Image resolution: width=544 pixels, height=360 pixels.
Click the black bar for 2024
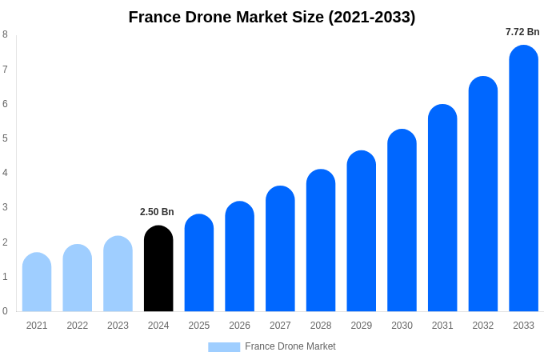pos(158,269)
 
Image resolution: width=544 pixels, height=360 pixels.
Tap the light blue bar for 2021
pos(37,282)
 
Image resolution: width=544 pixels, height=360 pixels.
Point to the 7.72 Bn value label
pos(522,32)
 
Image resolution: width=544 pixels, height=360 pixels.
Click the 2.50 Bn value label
pos(157,212)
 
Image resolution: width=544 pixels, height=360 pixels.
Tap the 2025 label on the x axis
pos(199,326)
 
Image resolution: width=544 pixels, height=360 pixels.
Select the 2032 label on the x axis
pos(483,326)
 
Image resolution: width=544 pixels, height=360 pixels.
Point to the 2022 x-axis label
pos(78,326)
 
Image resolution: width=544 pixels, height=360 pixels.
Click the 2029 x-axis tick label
pos(362,326)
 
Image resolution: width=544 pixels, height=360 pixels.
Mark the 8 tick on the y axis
pos(5,34)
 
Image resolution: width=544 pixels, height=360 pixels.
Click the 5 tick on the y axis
pos(5,138)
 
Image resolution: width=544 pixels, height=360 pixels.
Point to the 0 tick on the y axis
pos(5,311)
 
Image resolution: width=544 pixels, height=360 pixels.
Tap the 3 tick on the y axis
pos(5,207)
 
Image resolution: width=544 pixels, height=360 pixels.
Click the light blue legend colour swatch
pos(224,347)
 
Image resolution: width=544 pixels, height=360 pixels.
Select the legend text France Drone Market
pos(290,346)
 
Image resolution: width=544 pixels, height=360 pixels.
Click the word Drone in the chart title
pos(207,17)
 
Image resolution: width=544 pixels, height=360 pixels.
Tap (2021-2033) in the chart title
pos(371,17)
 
